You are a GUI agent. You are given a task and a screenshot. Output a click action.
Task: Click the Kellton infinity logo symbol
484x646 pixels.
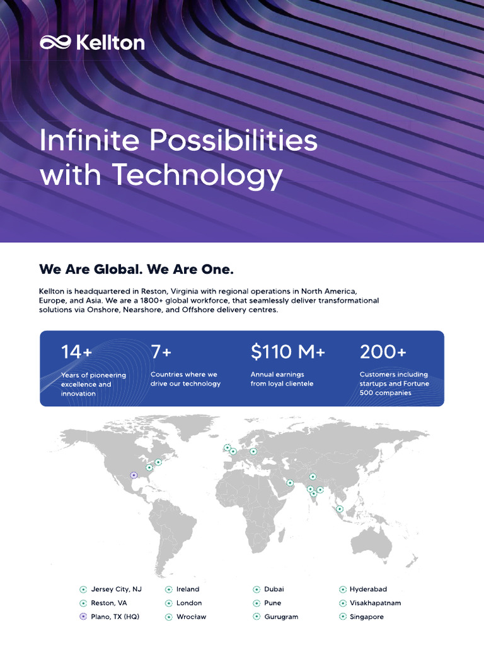[x=55, y=43]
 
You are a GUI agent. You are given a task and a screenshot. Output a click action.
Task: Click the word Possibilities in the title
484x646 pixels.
[x=234, y=140]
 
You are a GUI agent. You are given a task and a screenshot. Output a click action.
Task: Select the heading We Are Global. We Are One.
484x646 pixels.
[x=136, y=269]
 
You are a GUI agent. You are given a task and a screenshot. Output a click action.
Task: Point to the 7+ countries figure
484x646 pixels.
[x=161, y=352]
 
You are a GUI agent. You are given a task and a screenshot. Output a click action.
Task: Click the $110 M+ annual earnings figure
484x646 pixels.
[x=287, y=352]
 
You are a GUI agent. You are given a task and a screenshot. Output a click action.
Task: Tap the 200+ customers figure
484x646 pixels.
[x=383, y=352]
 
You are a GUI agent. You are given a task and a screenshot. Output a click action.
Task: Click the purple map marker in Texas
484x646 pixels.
[x=133, y=475]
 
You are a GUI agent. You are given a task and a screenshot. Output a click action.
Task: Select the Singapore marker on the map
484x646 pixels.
[x=340, y=508]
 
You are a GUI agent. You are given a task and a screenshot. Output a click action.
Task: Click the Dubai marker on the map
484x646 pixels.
[x=290, y=483]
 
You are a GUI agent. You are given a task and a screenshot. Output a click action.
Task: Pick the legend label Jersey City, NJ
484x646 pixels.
[x=116, y=589]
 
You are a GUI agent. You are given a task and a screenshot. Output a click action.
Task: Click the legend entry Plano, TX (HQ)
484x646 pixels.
[x=115, y=616]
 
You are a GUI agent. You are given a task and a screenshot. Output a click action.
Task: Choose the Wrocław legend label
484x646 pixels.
[x=191, y=616]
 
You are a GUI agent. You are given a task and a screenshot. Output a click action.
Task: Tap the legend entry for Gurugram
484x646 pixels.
[x=281, y=616]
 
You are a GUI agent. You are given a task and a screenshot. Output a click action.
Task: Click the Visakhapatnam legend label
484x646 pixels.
[x=375, y=602]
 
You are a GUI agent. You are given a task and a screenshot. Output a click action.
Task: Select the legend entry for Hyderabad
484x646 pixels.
[x=368, y=589]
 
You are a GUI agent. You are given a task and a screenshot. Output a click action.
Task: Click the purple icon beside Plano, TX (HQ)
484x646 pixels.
[x=83, y=616]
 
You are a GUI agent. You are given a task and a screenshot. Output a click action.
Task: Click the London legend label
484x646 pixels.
[x=189, y=602]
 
